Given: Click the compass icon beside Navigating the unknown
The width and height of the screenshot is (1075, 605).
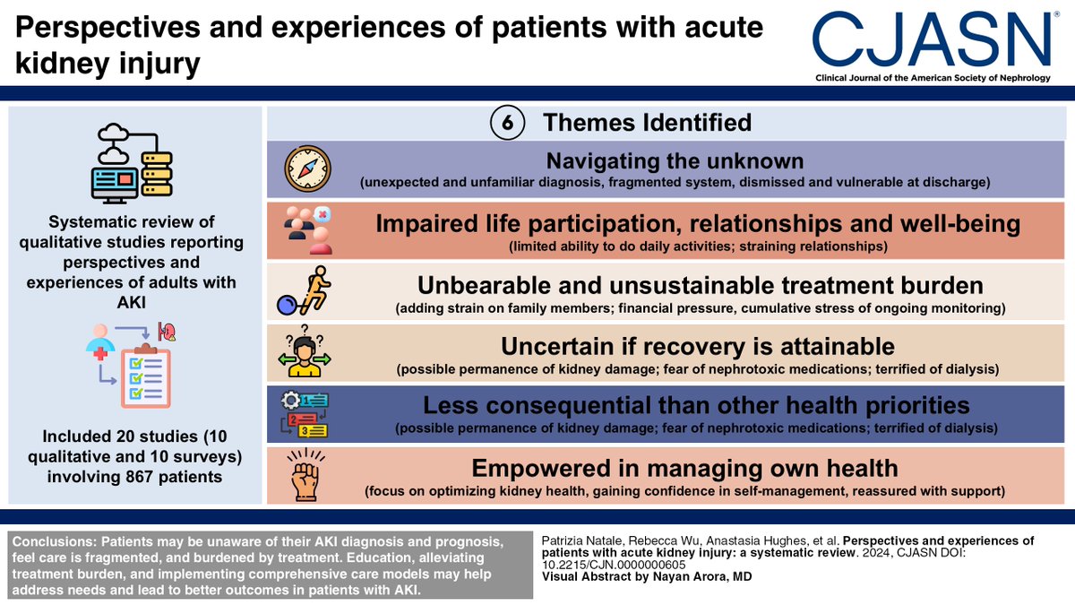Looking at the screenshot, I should click(x=307, y=169).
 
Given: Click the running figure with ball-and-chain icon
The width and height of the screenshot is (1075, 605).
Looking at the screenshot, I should click(x=307, y=291).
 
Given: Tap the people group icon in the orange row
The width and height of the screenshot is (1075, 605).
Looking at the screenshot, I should click(x=307, y=229).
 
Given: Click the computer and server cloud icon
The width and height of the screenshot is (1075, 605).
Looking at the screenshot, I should click(x=133, y=161).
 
